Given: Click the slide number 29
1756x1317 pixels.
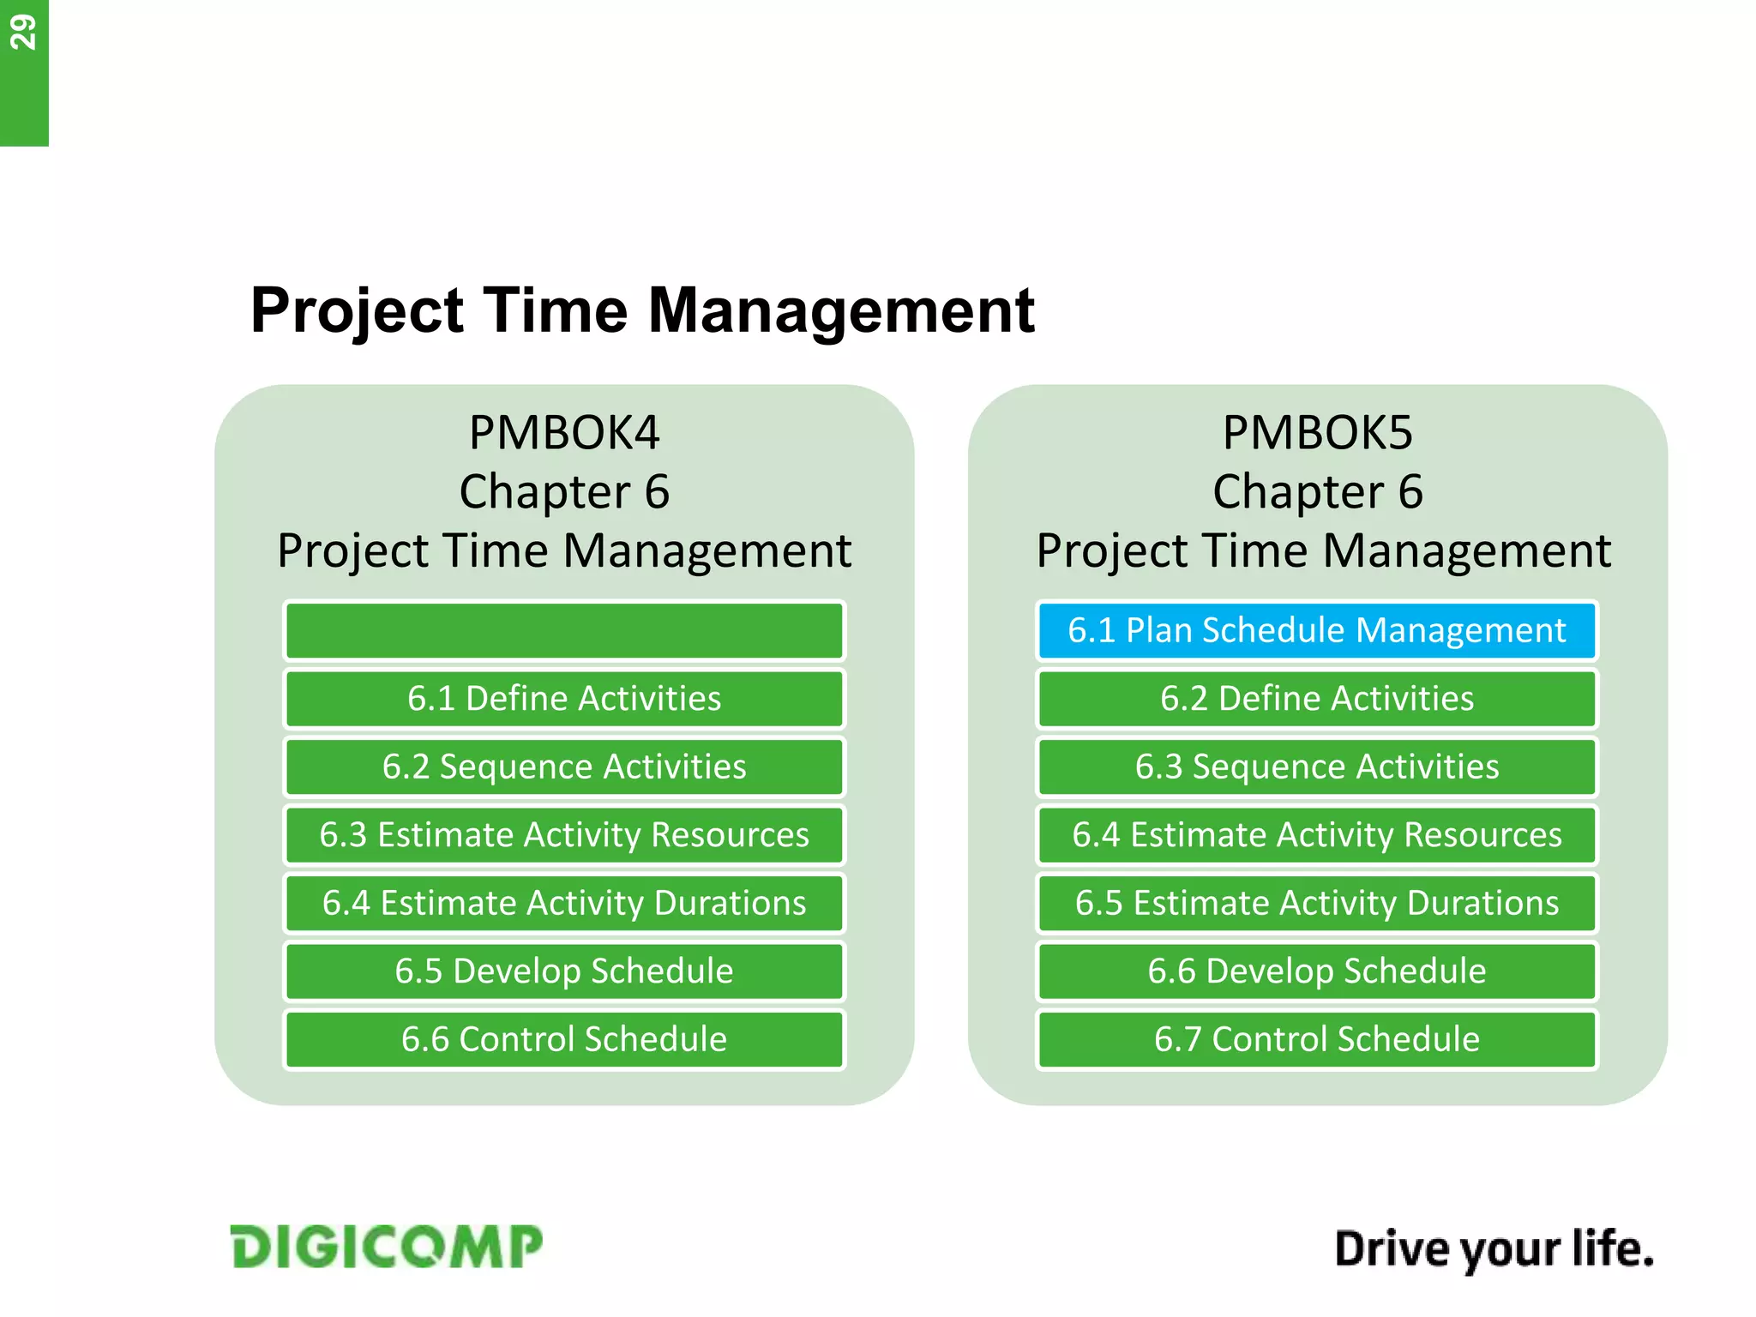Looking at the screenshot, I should click(23, 33).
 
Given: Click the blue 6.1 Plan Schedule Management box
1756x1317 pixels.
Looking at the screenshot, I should click(1316, 630).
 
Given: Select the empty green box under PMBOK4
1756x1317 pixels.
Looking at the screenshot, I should click(564, 630).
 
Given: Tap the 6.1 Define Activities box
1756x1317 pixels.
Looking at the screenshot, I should click(564, 698).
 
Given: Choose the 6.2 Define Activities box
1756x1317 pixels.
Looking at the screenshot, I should click(1316, 698).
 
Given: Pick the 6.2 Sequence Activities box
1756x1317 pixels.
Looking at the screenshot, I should click(564, 767).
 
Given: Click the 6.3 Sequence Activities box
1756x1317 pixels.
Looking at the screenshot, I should click(1316, 767).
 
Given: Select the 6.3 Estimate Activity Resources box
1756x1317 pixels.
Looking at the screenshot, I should click(564, 834).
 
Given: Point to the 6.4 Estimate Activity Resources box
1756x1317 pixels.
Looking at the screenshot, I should click(1316, 834).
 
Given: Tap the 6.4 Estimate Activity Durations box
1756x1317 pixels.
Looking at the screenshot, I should click(564, 903).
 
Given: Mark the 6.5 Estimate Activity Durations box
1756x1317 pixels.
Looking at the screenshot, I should click(1316, 903).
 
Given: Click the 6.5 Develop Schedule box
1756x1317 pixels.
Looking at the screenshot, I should click(564, 971).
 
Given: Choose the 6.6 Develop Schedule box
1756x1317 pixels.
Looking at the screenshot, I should click(1316, 971).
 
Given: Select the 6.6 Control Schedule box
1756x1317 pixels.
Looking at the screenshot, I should click(564, 1039).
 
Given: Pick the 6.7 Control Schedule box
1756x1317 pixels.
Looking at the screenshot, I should click(1316, 1039).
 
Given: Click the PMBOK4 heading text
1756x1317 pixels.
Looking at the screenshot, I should click(564, 433).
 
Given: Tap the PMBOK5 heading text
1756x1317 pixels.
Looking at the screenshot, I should click(1317, 433).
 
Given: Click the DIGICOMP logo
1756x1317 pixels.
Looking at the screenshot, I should click(386, 1247).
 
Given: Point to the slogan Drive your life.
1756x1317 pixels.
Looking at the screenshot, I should click(1494, 1249).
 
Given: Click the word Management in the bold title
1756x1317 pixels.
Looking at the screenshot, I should click(840, 310).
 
